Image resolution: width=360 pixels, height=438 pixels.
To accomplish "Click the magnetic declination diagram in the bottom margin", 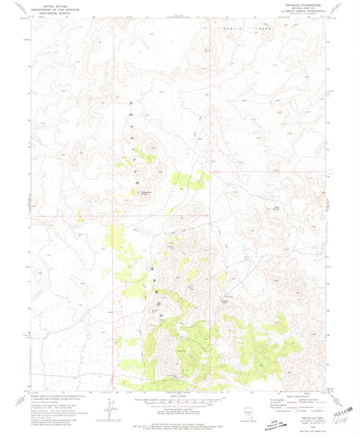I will [107, 408].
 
